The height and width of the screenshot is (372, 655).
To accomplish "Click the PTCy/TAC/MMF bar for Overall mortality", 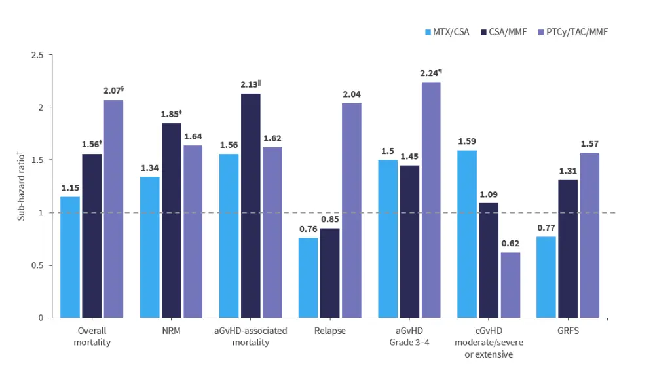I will pyautogui.click(x=113, y=209).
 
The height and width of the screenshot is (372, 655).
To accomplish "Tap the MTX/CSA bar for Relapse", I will pyautogui.click(x=308, y=278).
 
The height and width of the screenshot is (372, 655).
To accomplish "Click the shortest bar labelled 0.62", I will pyautogui.click(x=510, y=285).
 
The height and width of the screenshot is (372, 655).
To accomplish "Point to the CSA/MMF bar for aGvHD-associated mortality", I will pyautogui.click(x=251, y=206).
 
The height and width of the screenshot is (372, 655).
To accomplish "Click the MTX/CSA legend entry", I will pyautogui.click(x=447, y=31).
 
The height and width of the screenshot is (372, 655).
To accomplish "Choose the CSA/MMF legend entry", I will pyautogui.click(x=503, y=31).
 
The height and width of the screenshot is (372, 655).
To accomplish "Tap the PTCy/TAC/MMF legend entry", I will pyautogui.click(x=572, y=31).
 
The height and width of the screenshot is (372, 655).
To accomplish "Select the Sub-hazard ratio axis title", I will pyautogui.click(x=21, y=187).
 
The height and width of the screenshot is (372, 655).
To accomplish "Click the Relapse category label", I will pyautogui.click(x=329, y=331).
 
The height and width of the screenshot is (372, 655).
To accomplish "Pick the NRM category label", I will pyautogui.click(x=172, y=331).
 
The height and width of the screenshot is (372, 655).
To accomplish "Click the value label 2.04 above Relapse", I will pyautogui.click(x=352, y=94).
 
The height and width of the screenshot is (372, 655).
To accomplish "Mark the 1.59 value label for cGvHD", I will pyautogui.click(x=467, y=141).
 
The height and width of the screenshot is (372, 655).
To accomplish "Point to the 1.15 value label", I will pyautogui.click(x=70, y=188).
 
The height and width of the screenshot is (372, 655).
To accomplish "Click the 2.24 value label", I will pyautogui.click(x=430, y=73).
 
